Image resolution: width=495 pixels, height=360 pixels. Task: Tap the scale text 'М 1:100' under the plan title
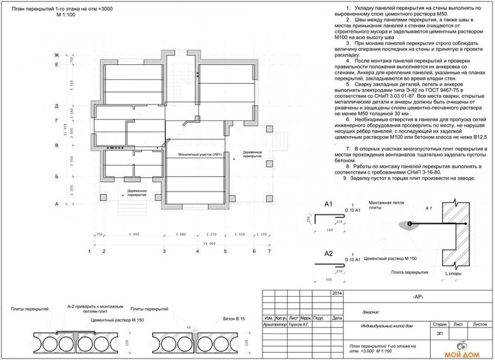point(67,16)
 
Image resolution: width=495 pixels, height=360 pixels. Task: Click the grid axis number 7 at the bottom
point(269,251)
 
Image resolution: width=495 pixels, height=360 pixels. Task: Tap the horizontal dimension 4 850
point(134,233)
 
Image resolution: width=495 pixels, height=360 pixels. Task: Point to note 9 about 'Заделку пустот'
point(409,178)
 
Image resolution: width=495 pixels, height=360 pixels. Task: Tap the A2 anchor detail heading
point(329,254)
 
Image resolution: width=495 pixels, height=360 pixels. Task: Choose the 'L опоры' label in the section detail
point(453,274)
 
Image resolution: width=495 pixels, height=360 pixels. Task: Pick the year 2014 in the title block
point(337,292)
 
